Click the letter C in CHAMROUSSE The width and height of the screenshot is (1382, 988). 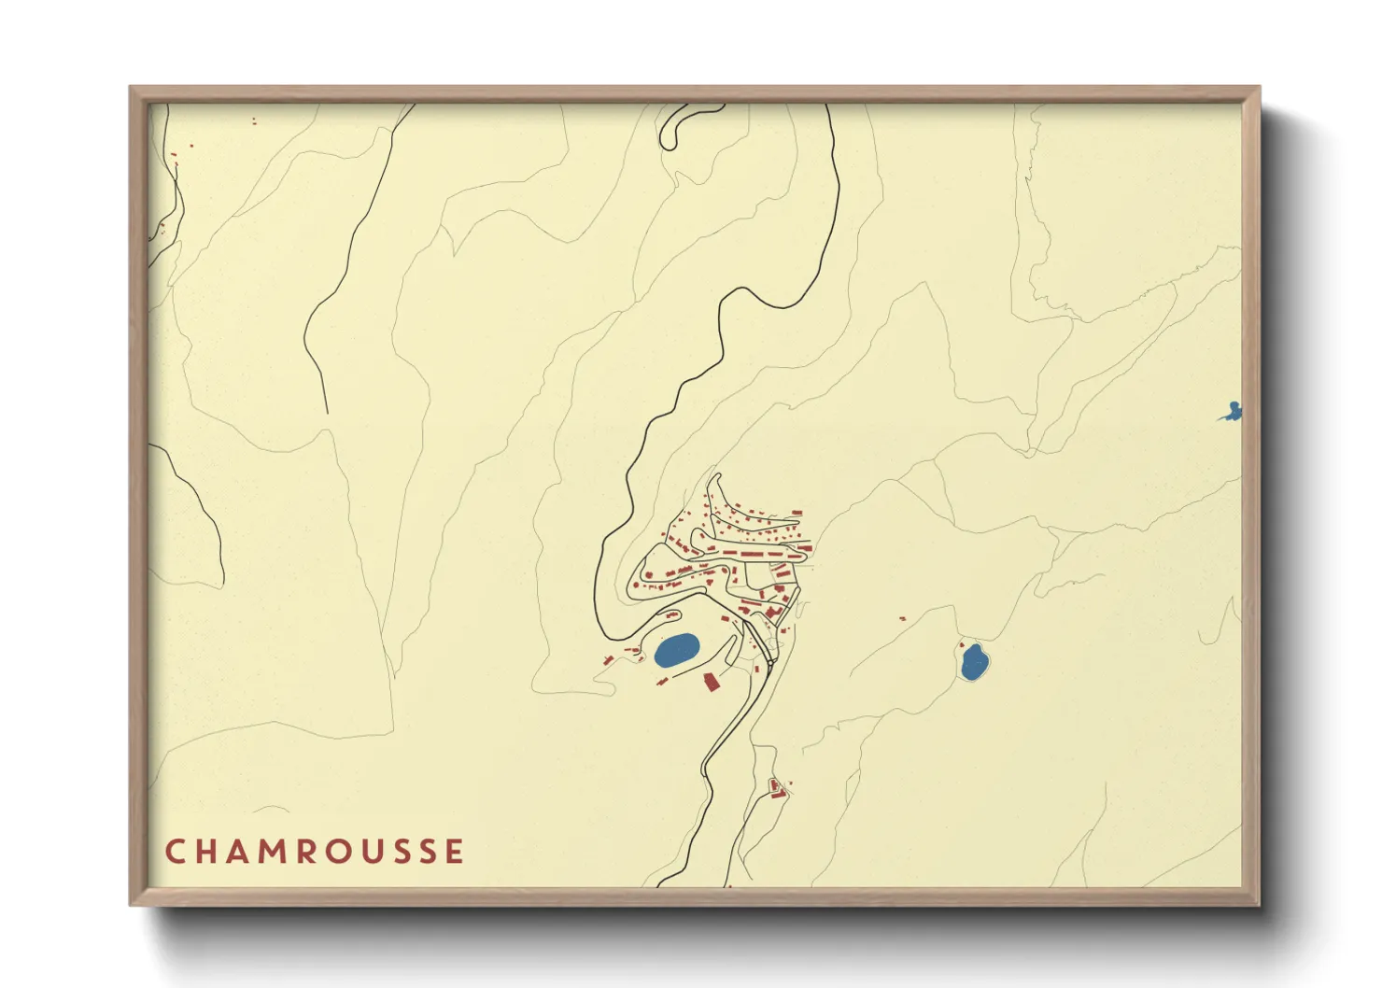175,852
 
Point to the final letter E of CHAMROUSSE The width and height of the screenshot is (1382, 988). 455,852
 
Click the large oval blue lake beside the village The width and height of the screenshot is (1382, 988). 676,649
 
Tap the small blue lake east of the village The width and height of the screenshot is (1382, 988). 974,662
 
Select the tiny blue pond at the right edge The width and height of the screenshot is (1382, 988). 1233,411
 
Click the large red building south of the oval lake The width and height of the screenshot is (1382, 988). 711,682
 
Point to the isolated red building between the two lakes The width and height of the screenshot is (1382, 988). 902,618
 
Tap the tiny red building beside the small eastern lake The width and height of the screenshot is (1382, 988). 962,644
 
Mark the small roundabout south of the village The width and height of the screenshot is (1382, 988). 771,661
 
